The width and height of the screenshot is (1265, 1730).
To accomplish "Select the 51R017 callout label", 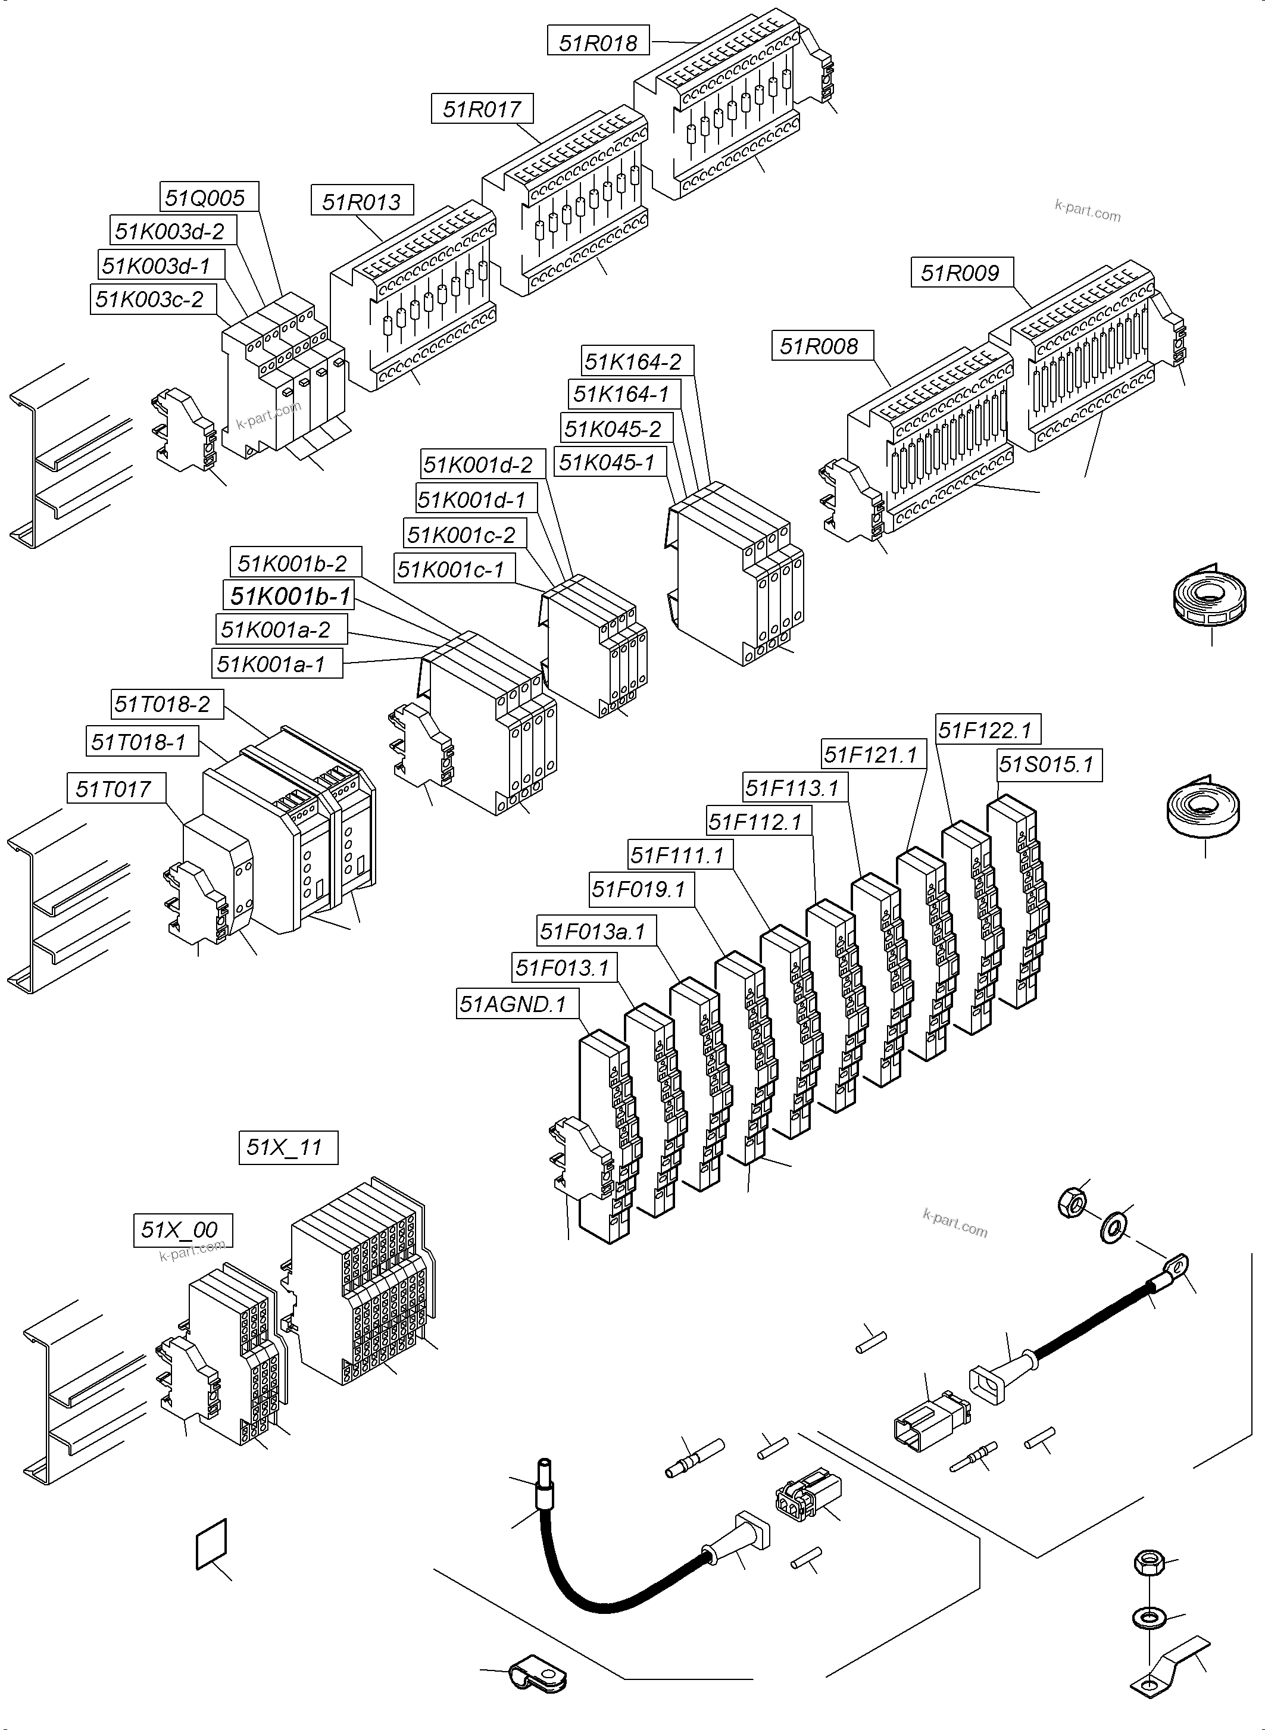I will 482,109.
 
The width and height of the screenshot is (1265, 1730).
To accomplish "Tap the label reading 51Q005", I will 209,198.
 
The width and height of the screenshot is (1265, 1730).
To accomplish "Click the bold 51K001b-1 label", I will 289,595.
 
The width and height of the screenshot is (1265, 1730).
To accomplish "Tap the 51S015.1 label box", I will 1048,764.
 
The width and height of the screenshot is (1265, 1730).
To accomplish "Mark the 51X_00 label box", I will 182,1230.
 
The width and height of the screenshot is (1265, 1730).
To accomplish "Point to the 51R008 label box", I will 822,345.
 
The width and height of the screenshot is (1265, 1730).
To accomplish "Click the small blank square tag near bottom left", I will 212,1543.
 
